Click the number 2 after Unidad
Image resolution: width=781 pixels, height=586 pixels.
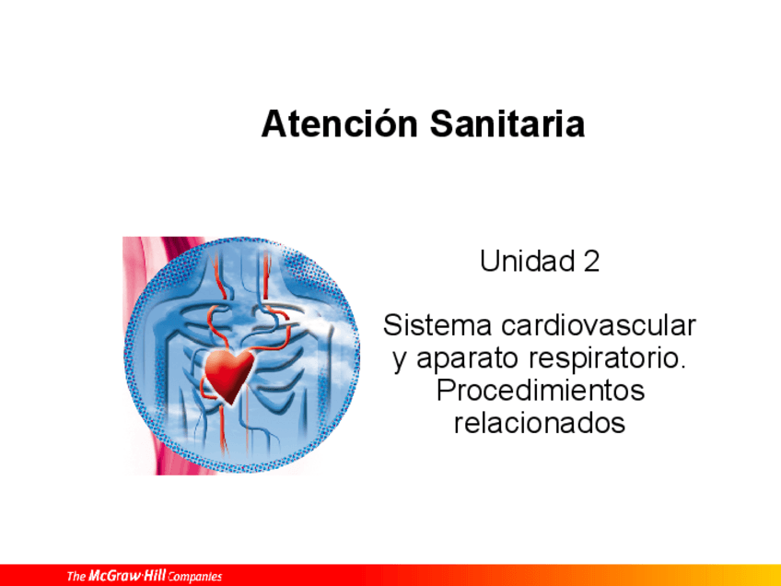[x=591, y=262]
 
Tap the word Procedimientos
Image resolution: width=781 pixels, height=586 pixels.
[x=540, y=391]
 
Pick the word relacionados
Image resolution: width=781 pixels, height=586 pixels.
[x=540, y=423]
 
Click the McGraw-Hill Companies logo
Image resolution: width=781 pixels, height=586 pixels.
[x=144, y=577]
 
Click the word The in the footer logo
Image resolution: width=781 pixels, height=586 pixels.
[x=76, y=577]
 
